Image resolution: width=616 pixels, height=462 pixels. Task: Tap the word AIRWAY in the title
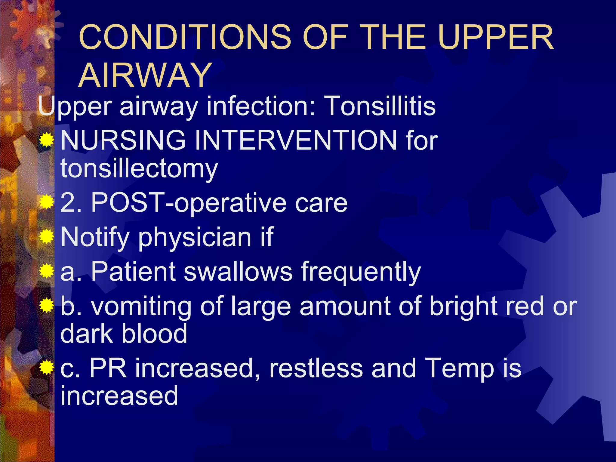coord(145,75)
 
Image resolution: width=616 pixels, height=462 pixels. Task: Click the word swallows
coord(238,272)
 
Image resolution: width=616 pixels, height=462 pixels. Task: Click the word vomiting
coord(141,307)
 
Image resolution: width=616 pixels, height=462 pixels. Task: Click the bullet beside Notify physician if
coord(46,236)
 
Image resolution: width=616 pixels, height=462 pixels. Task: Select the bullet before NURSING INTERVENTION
coord(46,140)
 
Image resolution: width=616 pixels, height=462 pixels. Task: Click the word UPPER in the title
coord(495,37)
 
